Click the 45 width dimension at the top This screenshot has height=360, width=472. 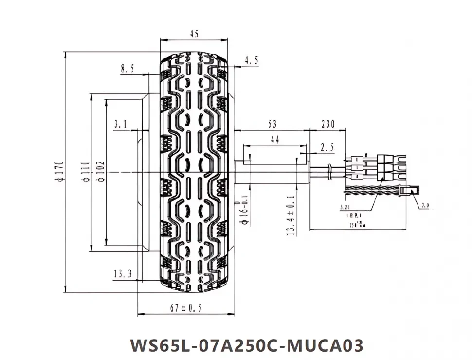pos(194,35)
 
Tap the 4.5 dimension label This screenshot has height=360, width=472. pos(251,60)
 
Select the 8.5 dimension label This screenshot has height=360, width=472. pos(127,69)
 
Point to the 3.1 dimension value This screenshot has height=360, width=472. pos(120,125)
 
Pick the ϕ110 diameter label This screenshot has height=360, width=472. pos(85,172)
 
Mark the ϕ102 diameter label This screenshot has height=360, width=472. pos(101,172)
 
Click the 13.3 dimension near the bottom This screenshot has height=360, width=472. pos(123,274)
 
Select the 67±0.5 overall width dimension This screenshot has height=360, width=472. pos(186,308)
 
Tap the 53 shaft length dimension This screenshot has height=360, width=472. pos(272,125)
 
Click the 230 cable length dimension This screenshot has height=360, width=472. pos(327,125)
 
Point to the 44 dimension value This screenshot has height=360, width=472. pos(274,140)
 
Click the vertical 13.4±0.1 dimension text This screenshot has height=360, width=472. pos(291,216)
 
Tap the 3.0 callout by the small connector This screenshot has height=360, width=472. pos(424,206)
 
